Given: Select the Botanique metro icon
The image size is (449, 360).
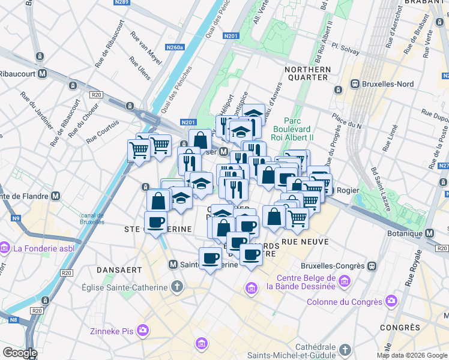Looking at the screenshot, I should click(429, 233).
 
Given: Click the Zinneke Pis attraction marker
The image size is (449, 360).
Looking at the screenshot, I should click(143, 329).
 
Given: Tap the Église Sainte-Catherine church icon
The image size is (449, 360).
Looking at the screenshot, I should click(176, 287).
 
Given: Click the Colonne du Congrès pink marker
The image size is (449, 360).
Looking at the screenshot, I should click(391, 300).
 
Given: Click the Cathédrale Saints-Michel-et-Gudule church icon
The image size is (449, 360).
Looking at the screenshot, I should click(345, 349).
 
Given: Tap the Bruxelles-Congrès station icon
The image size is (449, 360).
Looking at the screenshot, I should click(372, 265).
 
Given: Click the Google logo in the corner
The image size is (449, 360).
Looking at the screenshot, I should click(19, 353).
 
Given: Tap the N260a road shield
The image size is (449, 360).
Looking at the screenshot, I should click(175, 47).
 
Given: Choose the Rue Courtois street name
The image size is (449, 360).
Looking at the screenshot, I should click(103, 131).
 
